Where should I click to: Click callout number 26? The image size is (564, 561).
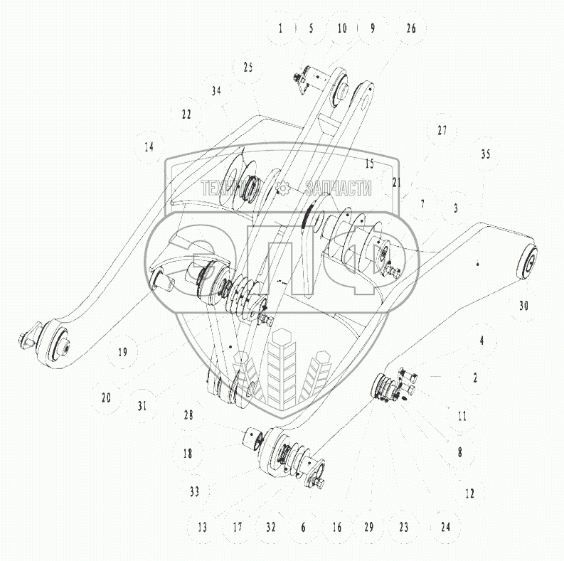pyautogui.click(x=411, y=28)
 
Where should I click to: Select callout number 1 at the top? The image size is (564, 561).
pyautogui.click(x=280, y=28)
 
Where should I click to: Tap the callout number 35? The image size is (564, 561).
pyautogui.click(x=486, y=154)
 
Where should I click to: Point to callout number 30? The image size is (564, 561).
pyautogui.click(x=523, y=306)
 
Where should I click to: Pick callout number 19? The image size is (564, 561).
pyautogui.click(x=122, y=352)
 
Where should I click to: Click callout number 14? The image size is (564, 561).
pyautogui.click(x=149, y=146)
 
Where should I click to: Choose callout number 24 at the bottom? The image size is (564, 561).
pyautogui.click(x=445, y=527)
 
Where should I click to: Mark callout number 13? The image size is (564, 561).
pyautogui.click(x=202, y=527)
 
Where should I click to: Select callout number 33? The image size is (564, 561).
pyautogui.click(x=195, y=491)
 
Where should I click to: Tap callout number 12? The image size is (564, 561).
pyautogui.click(x=469, y=493)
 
